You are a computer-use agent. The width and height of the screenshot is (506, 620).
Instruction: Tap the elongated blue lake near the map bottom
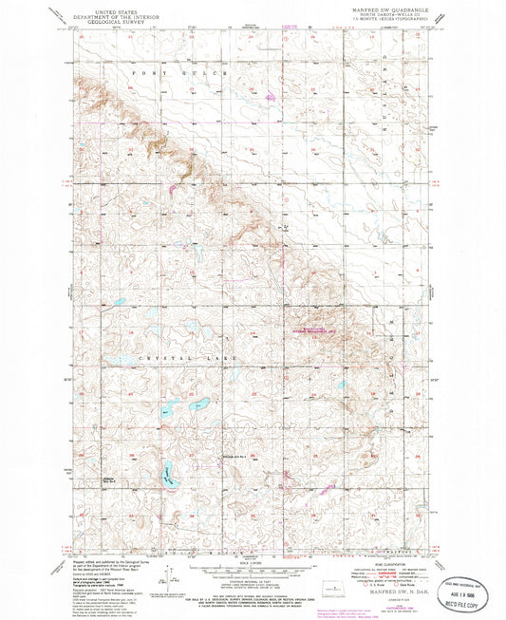[169, 472]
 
